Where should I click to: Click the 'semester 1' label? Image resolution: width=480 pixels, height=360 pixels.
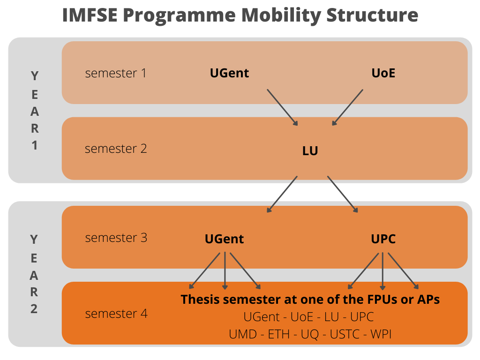pyautogui.click(x=116, y=73)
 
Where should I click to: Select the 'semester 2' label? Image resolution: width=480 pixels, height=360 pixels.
pyautogui.click(x=116, y=149)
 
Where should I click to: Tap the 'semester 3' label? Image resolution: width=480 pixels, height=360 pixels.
pyautogui.click(x=116, y=238)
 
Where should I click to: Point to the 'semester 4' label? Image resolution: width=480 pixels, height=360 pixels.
pyautogui.click(x=116, y=314)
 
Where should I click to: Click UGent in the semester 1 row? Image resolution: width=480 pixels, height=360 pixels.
pyautogui.click(x=229, y=73)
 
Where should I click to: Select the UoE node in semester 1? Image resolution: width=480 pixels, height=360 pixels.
pyautogui.click(x=383, y=73)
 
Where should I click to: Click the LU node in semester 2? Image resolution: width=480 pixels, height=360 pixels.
pyautogui.click(x=310, y=151)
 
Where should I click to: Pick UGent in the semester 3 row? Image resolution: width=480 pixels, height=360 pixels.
pyautogui.click(x=224, y=239)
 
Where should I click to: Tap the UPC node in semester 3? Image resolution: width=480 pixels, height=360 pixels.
pyautogui.click(x=383, y=239)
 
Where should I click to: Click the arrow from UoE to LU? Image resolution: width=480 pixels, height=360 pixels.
pyautogui.click(x=347, y=107)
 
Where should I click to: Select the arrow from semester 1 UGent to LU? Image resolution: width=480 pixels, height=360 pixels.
pyautogui.click(x=283, y=107)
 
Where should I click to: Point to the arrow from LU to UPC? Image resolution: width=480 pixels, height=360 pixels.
pyautogui.click(x=343, y=194)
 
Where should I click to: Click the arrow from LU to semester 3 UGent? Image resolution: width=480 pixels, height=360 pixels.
pyautogui.click(x=282, y=194)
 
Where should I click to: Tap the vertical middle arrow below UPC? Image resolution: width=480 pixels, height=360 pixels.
pyautogui.click(x=383, y=271)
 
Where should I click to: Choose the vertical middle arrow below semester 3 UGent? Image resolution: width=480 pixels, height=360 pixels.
pyautogui.click(x=225, y=271)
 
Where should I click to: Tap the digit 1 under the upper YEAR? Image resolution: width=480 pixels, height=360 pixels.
pyautogui.click(x=34, y=145)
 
